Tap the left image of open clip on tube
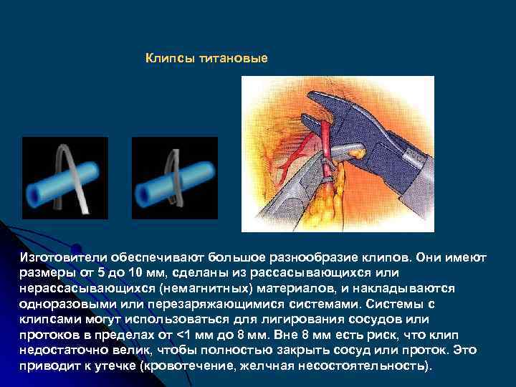point(65,178)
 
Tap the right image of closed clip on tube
point(175,178)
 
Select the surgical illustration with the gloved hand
point(338,153)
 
